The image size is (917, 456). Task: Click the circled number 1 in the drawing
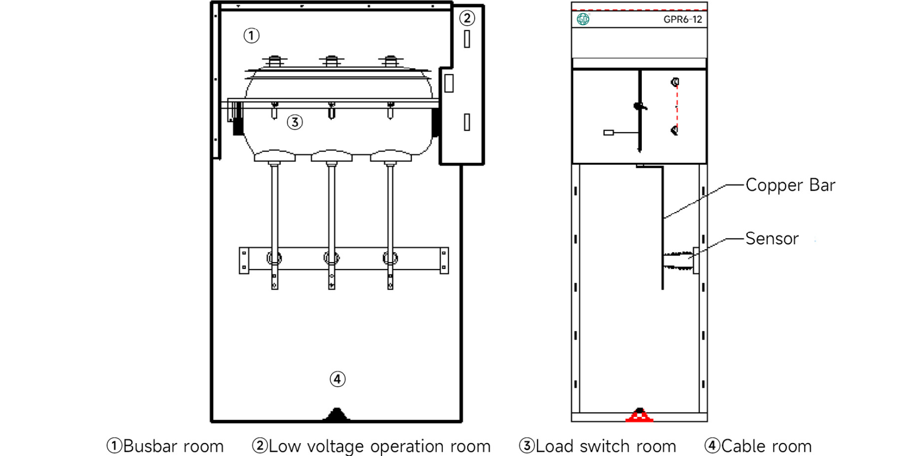click(251, 35)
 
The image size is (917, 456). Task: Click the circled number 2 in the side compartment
click(467, 18)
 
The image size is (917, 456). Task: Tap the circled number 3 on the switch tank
click(295, 122)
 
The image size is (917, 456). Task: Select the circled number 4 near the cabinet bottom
click(337, 379)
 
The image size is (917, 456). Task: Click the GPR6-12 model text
click(682, 19)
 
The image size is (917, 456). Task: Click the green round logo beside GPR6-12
click(583, 19)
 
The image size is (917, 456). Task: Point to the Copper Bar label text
click(790, 185)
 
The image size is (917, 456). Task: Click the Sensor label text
click(772, 239)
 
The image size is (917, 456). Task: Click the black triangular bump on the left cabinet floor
click(337, 414)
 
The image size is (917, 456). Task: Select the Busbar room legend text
click(166, 446)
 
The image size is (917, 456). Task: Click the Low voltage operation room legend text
click(371, 446)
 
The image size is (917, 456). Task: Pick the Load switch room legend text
click(597, 446)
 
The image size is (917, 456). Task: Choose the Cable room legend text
click(758, 446)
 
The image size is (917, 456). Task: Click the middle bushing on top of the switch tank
click(331, 61)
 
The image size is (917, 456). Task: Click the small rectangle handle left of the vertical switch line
click(608, 132)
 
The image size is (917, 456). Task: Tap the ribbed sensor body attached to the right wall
click(679, 261)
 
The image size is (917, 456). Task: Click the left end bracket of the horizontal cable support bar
click(244, 261)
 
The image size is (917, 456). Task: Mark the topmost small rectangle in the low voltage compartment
click(467, 39)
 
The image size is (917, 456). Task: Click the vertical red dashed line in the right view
click(677, 106)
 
